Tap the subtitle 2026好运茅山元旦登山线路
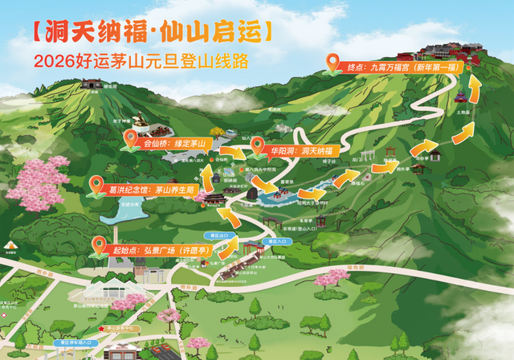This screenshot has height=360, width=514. [141, 61]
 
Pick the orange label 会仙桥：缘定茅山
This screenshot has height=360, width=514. [173, 145]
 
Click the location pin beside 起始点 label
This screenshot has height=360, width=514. [100, 244]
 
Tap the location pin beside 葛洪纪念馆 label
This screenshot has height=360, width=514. [96, 185]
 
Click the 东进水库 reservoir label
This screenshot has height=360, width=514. [130, 205]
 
